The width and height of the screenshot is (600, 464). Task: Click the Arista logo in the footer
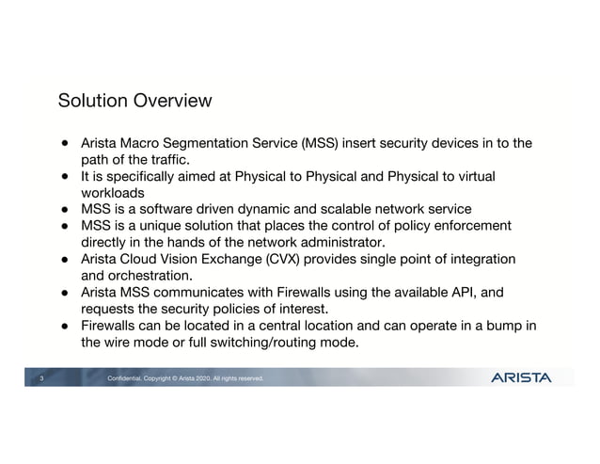tap(521, 378)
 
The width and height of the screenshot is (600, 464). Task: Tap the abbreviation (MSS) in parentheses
tap(319, 143)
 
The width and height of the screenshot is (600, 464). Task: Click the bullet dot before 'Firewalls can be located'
tap(67, 326)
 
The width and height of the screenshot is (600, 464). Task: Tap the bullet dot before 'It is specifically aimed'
tap(67, 176)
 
